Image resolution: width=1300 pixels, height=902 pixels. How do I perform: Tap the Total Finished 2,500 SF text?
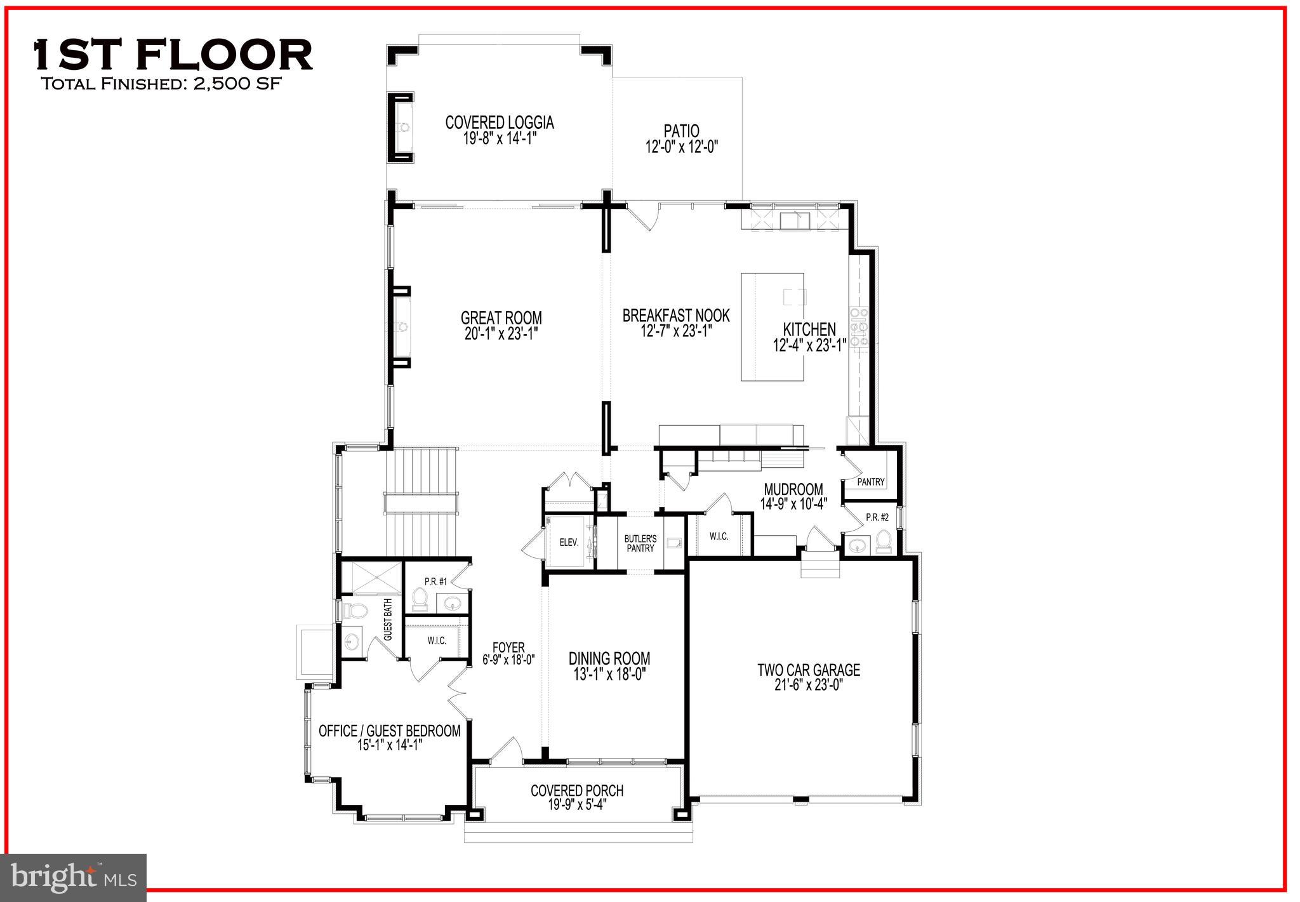160,84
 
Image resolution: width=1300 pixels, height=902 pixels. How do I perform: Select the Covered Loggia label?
500,123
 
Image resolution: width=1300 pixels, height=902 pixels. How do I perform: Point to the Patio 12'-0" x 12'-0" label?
681,139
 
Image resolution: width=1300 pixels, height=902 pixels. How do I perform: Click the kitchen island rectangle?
772,326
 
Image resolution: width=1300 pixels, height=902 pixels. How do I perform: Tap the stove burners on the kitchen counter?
862,326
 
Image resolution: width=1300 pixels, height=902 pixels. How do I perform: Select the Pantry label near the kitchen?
870,482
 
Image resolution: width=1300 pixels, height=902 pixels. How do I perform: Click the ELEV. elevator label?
568,543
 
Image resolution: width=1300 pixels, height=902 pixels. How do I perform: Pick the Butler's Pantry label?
640,543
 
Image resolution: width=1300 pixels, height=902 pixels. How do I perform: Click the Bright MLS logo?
74,877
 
